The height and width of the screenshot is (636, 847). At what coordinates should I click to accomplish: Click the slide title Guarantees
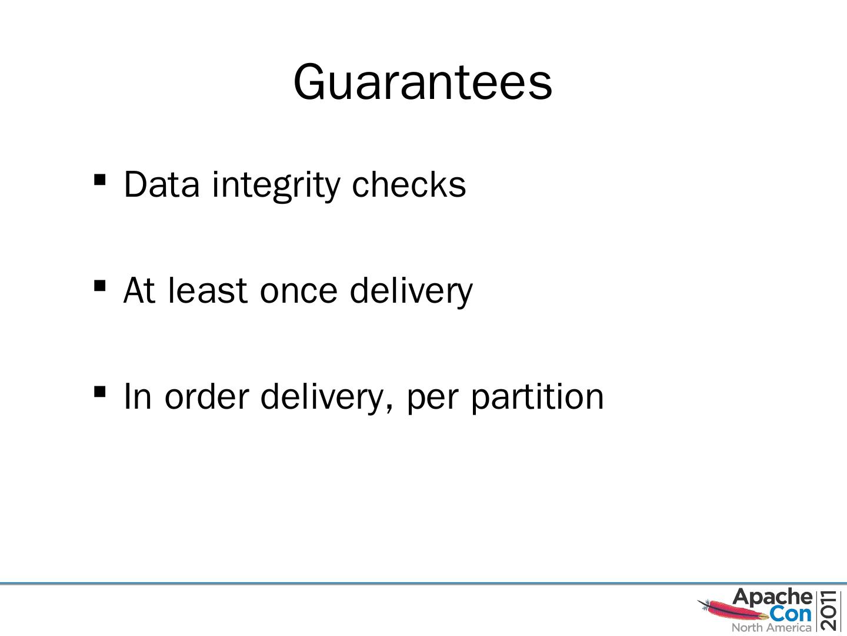point(422,82)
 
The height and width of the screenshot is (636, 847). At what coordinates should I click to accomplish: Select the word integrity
point(276,184)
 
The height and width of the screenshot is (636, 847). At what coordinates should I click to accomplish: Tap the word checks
point(408,184)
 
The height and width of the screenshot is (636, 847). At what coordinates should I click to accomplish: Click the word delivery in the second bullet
point(411,290)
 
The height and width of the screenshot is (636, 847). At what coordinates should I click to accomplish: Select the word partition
point(537,396)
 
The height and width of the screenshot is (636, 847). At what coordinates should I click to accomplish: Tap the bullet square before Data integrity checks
point(99,179)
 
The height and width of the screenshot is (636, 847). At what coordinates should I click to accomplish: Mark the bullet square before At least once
point(99,285)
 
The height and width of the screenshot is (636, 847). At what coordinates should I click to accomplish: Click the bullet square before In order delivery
point(99,391)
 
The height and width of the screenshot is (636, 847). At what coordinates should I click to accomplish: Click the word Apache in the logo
point(772,597)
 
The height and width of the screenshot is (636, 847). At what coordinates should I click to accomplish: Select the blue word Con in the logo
point(791,614)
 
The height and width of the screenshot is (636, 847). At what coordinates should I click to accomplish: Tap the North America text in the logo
point(771,628)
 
